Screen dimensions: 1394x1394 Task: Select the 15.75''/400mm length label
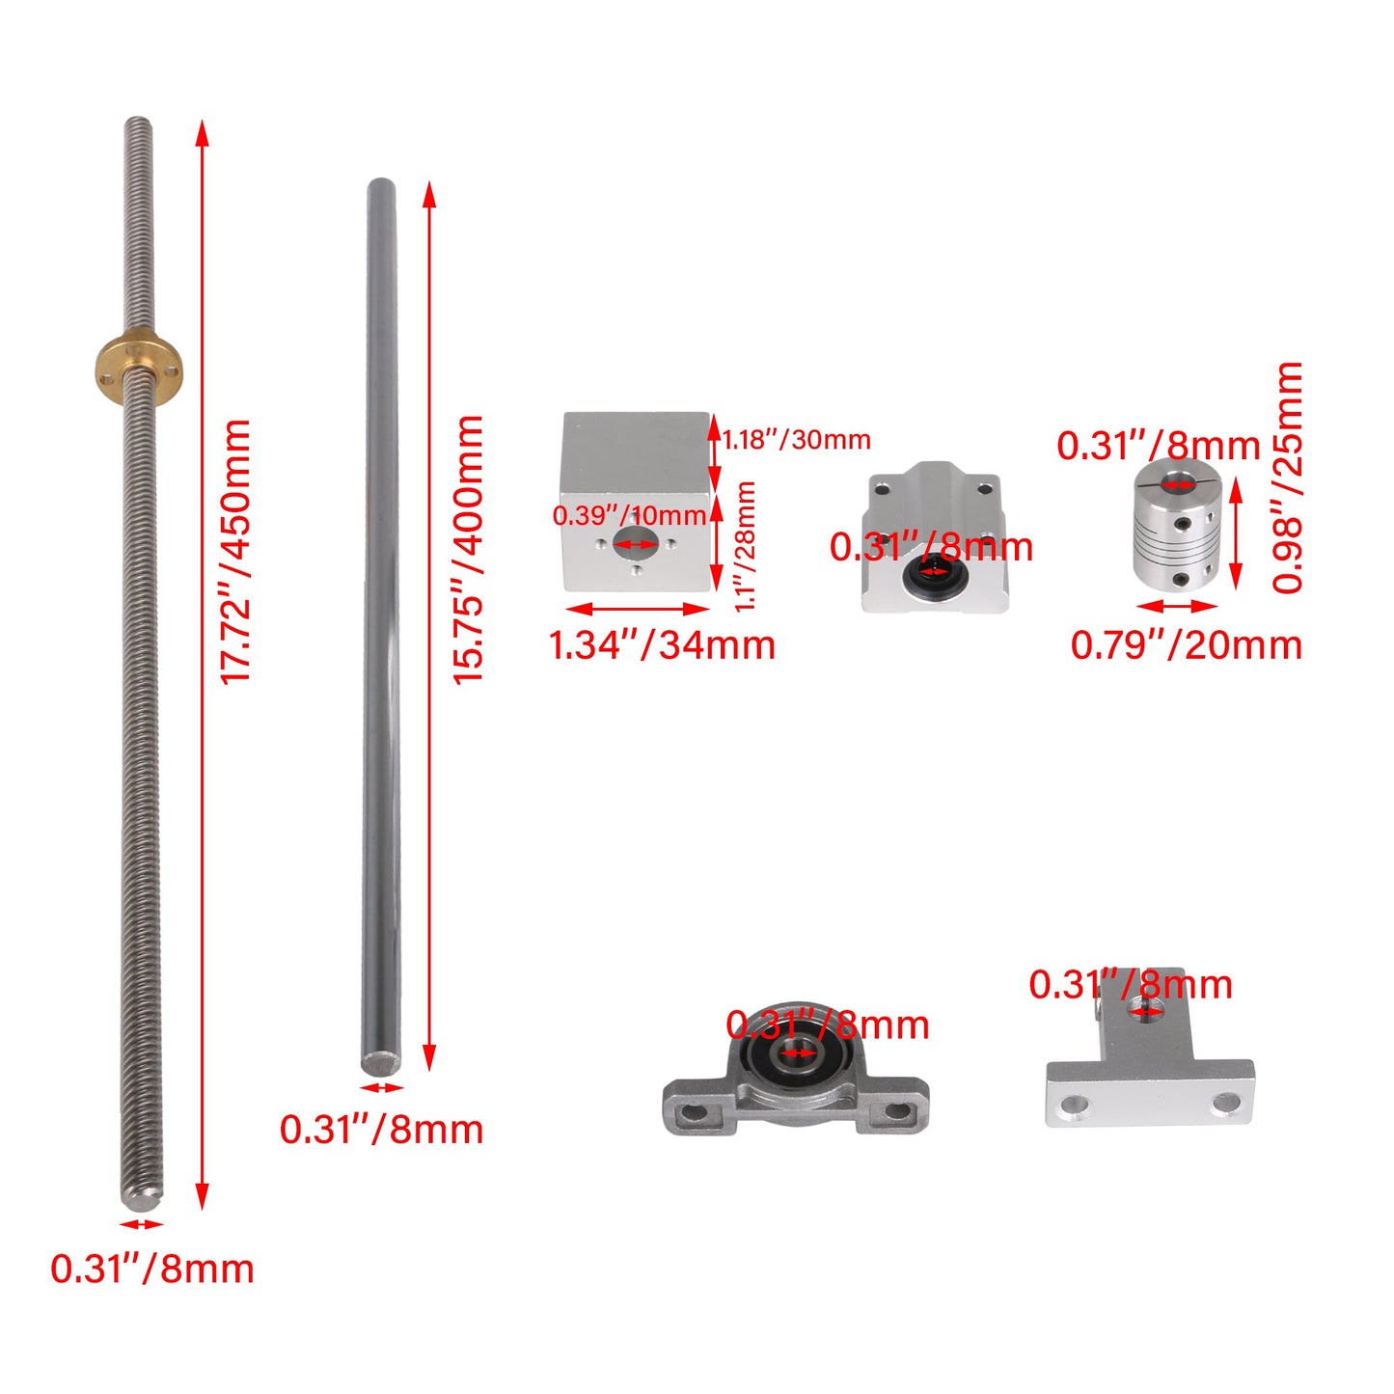(470, 551)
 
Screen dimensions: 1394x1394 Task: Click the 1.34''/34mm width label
(662, 644)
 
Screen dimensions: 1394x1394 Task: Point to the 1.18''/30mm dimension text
(797, 440)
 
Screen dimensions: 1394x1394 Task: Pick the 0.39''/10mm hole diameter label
(629, 515)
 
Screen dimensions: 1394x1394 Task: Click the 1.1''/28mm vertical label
(745, 546)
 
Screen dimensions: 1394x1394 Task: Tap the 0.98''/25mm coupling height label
(1287, 478)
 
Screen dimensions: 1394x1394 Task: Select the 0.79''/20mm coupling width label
(1187, 644)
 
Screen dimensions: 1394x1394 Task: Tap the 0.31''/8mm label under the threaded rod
(152, 1269)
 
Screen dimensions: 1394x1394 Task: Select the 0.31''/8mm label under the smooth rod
(382, 1130)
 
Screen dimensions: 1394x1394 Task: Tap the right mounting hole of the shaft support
(1225, 1101)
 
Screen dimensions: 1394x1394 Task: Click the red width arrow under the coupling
(1177, 607)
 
